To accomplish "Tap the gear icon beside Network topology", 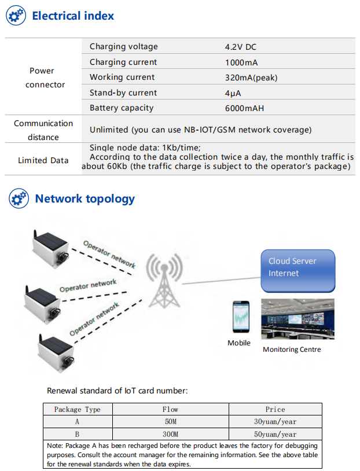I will [19, 199].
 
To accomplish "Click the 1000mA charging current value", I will [241, 62].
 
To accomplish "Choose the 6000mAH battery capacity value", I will [245, 108].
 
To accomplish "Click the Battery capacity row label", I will [122, 108].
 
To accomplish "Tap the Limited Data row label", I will [43, 160].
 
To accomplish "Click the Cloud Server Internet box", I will [297, 270].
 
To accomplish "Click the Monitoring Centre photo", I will [297, 319].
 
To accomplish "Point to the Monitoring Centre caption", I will [292, 349].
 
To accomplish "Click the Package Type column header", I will [77, 410].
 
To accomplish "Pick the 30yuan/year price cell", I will [275, 422].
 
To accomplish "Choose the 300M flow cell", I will [170, 434].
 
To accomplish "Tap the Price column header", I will [275, 410].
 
